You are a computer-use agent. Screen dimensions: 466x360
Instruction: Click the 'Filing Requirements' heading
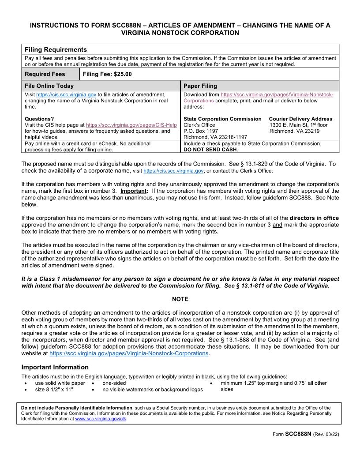point(56,49)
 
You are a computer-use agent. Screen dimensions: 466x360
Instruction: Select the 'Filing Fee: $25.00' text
point(107,74)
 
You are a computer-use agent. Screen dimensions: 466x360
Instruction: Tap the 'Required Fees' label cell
point(45,74)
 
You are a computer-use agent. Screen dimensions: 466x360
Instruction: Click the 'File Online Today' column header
point(49,86)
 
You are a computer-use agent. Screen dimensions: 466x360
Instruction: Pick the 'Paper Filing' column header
point(200,86)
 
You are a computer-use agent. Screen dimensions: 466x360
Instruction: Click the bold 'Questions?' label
point(39,119)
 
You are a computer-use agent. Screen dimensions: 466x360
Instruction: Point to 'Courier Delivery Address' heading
point(300,119)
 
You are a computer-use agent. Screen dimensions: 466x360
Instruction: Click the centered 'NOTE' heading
point(180,299)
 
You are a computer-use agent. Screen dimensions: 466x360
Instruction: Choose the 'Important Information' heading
point(55,367)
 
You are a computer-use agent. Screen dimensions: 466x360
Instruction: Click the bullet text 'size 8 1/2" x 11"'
point(54,390)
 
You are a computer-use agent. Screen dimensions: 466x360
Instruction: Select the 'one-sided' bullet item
point(114,383)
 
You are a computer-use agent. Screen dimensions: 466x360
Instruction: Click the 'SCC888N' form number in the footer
point(298,434)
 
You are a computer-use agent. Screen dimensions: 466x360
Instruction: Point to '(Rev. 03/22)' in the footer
point(326,435)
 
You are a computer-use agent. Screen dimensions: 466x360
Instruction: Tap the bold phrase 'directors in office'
point(314,218)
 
